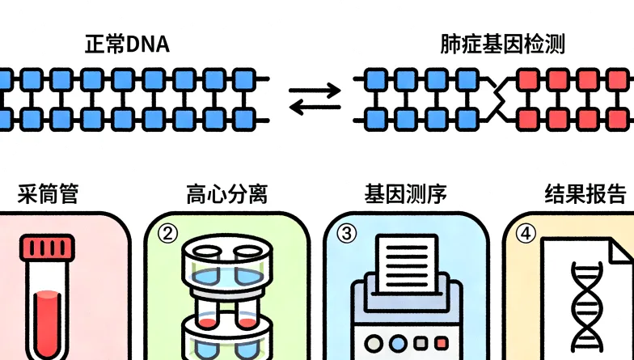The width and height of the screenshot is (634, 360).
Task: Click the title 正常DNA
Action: (x=127, y=44)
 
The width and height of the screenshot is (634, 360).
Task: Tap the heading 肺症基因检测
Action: (x=502, y=44)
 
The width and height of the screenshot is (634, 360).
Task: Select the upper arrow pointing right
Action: (x=315, y=90)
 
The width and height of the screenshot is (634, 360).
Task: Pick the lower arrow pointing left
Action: (x=315, y=108)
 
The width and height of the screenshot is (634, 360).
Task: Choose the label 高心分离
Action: (x=227, y=194)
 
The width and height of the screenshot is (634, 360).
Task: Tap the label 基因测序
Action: (x=405, y=194)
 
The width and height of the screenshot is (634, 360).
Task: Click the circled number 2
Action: (x=167, y=233)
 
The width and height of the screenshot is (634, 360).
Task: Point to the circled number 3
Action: (x=347, y=233)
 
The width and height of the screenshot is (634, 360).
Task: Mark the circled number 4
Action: (x=526, y=233)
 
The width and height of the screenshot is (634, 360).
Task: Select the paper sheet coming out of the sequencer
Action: (x=406, y=259)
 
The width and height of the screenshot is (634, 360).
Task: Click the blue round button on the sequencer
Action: (x=397, y=341)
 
